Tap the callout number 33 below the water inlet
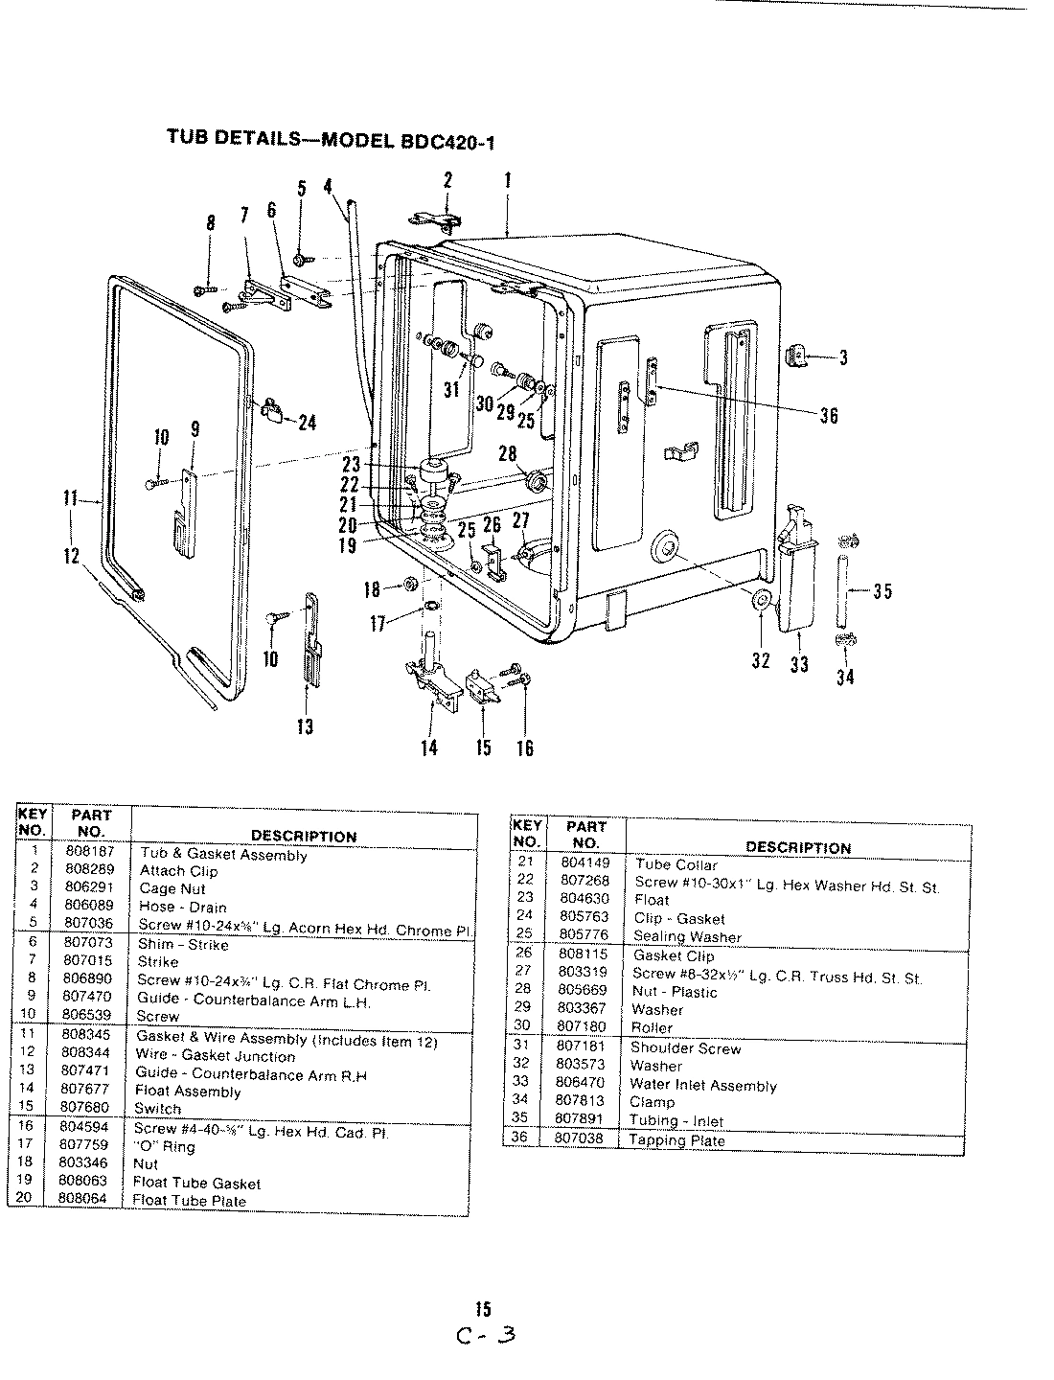(x=797, y=663)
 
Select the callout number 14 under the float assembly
(x=429, y=747)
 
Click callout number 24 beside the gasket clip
(x=307, y=423)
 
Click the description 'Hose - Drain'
(x=183, y=907)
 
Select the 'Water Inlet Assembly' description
(x=702, y=1085)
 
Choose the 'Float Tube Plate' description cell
(x=189, y=1201)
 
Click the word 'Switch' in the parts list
(x=157, y=1108)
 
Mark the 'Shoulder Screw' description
(x=685, y=1048)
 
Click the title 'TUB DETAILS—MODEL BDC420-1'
(x=331, y=137)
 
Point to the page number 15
(x=483, y=1308)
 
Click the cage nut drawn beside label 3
(x=794, y=357)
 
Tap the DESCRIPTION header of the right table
(x=797, y=847)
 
